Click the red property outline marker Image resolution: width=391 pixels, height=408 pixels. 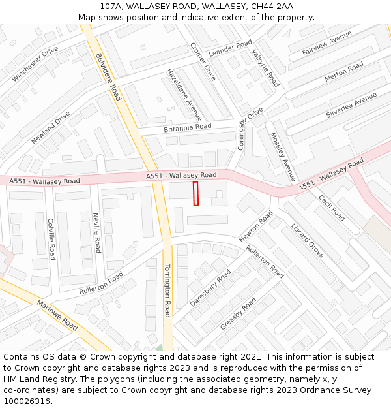coord(195,194)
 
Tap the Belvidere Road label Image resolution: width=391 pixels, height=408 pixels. coord(108,76)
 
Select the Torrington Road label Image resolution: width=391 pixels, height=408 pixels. coord(167,290)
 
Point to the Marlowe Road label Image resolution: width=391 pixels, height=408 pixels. coord(57,315)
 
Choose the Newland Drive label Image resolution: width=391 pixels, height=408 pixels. coord(50,127)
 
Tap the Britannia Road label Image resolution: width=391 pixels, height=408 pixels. coord(188,127)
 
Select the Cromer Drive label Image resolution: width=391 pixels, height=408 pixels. coord(203,62)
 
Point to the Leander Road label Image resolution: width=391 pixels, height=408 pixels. coord(230,48)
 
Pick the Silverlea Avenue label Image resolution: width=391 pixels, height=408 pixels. coord(351,105)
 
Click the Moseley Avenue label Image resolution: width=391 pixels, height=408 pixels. coord(283,157)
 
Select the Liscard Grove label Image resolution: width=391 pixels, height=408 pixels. coord(308,240)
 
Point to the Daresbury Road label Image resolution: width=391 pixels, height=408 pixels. coord(210,288)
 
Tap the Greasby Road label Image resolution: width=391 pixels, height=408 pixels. coord(238,313)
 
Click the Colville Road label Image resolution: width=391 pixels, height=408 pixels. coord(51,239)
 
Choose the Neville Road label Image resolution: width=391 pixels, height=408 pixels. coord(96,233)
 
